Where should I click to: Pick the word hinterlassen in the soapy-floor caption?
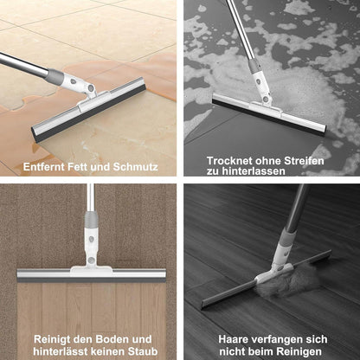tap(254, 171)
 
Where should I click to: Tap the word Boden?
tap(112, 339)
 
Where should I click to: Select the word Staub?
tap(144, 351)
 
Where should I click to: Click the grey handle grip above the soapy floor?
tap(255, 65)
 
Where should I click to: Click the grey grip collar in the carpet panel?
tap(91, 219)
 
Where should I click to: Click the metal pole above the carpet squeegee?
tap(91, 198)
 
